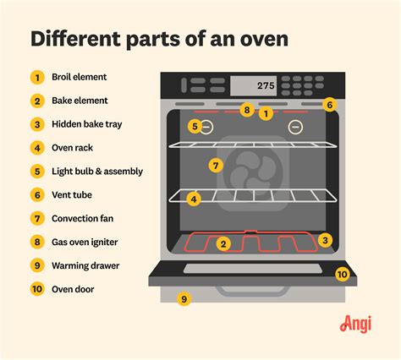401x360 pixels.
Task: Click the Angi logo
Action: (355, 325)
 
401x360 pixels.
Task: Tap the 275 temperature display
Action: (266, 85)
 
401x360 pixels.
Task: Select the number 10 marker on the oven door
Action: (343, 274)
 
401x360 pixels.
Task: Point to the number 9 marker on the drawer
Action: (184, 299)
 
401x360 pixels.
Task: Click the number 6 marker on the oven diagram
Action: (330, 105)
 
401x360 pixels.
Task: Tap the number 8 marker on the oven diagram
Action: (247, 110)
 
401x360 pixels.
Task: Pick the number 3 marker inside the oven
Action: (325, 240)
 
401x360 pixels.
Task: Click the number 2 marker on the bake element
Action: (223, 244)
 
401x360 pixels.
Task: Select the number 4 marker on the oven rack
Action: (194, 199)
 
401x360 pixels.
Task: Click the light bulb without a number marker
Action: (295, 127)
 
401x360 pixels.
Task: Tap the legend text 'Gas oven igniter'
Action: (85, 242)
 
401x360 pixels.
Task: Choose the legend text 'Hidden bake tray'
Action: (87, 124)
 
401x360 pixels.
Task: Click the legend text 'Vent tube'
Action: (72, 194)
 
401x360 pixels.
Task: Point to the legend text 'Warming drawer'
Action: (85, 265)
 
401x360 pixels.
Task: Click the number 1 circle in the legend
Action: (37, 77)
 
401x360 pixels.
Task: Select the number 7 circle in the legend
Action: (37, 219)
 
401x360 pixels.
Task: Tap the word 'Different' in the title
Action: (75, 39)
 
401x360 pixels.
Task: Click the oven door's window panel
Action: (253, 269)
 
